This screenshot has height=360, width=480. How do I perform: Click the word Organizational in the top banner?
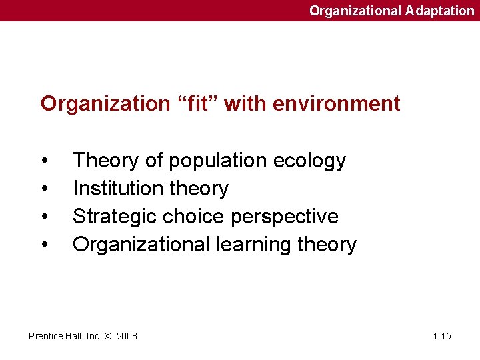(355, 11)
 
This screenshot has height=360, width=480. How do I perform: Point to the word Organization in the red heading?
(105, 104)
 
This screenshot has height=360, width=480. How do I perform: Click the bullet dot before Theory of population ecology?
(44, 161)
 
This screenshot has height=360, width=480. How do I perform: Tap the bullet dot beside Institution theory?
(44, 189)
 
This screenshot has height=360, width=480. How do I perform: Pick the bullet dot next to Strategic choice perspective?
(44, 217)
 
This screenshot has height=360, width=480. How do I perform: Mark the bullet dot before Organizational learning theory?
(44, 245)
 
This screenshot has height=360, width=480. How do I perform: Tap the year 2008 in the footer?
(127, 336)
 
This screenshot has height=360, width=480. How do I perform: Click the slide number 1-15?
(442, 336)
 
